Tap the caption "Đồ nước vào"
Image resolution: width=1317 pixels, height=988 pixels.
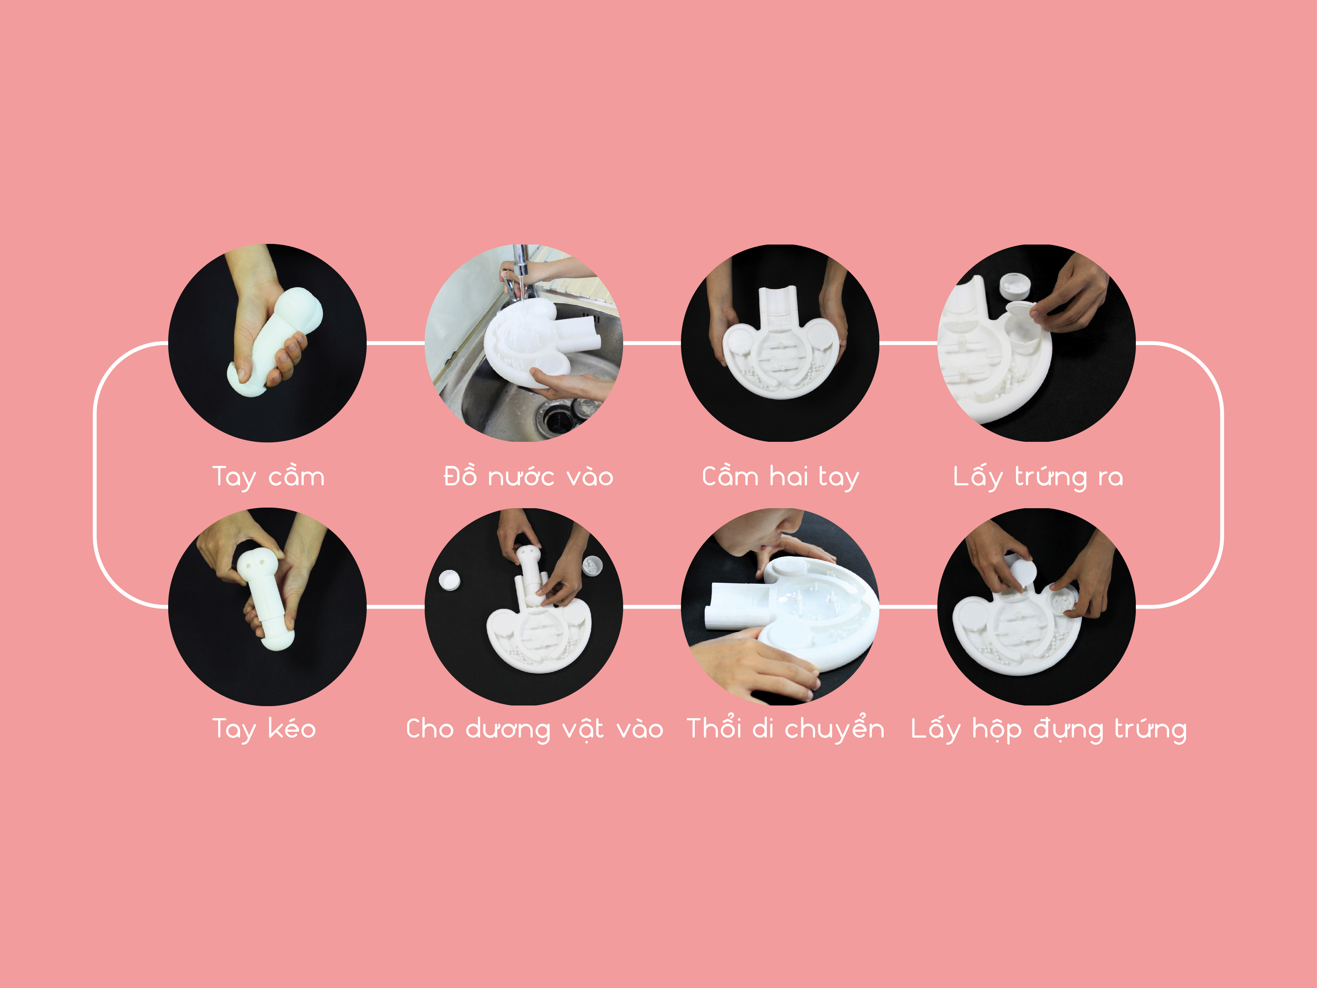click(x=528, y=476)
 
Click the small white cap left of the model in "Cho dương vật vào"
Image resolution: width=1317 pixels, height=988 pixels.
click(x=449, y=580)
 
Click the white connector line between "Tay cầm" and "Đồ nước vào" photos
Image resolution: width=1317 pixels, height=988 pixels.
click(x=395, y=343)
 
